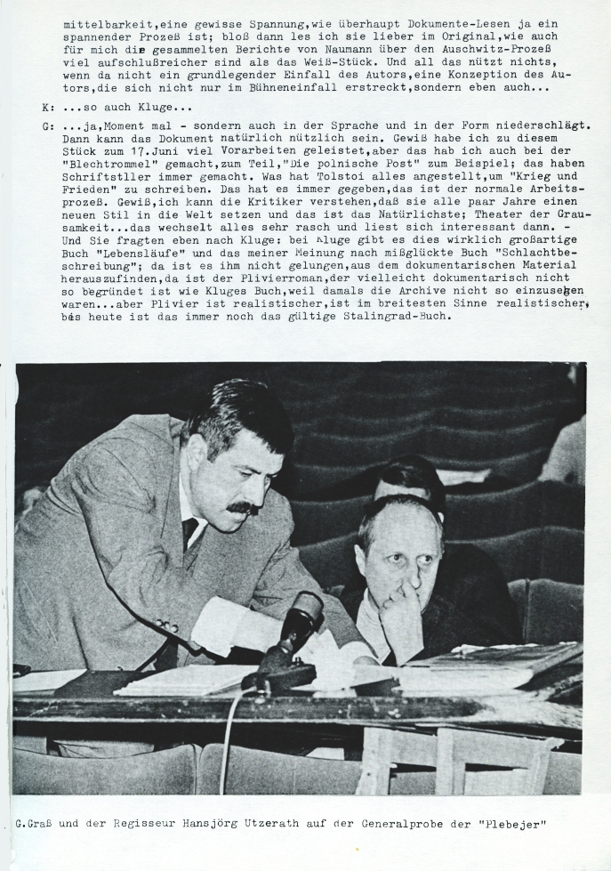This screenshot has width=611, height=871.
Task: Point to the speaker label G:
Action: [x=47, y=126]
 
